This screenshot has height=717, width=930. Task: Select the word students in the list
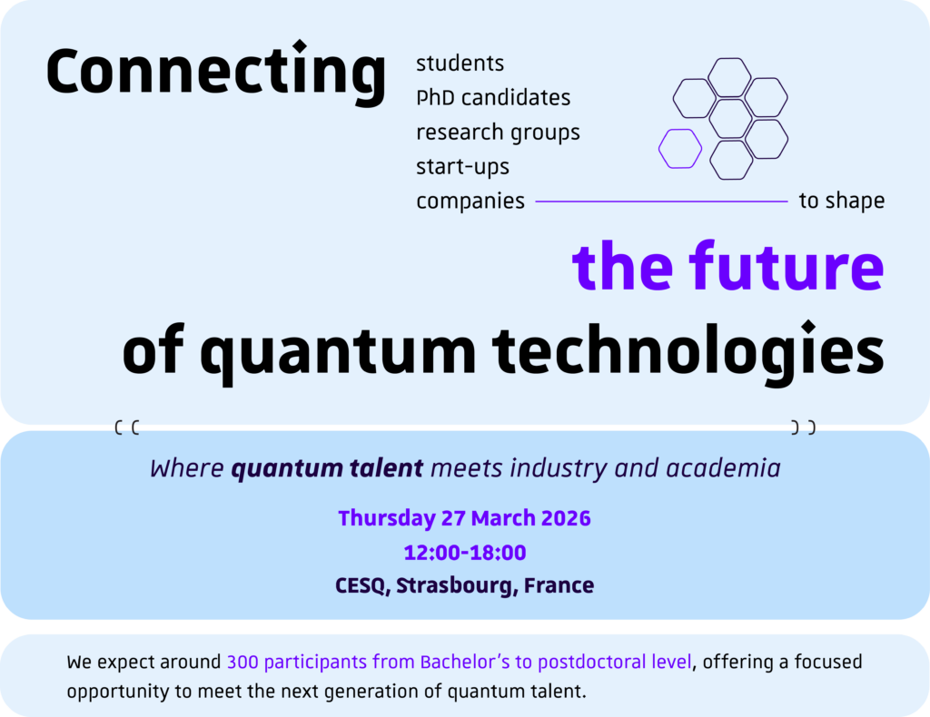click(460, 64)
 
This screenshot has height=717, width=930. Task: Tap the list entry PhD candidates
click(493, 98)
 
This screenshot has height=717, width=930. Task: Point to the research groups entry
click(498, 133)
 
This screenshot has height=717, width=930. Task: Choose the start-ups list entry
click(462, 167)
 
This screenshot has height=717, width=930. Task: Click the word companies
click(470, 201)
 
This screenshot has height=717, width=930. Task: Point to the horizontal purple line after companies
click(661, 201)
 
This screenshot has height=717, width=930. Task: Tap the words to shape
click(842, 201)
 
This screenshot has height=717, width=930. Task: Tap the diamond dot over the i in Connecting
click(300, 45)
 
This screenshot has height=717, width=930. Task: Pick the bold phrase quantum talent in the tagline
click(327, 468)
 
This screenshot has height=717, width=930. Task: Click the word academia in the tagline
click(723, 468)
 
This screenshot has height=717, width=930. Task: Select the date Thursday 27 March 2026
click(464, 518)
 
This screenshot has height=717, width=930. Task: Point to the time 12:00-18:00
click(464, 553)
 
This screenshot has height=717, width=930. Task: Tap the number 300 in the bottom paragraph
click(242, 662)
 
